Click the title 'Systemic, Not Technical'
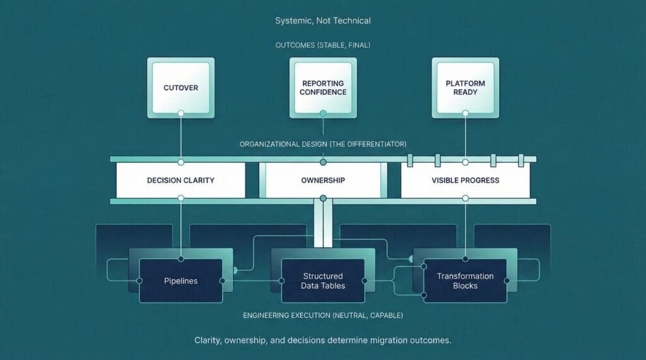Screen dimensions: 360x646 point(323,21)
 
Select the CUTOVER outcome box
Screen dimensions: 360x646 point(180,87)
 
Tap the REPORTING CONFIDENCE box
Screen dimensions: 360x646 point(323,87)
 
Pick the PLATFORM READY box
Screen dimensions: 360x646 point(465,87)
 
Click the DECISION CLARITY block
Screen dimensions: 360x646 point(180,180)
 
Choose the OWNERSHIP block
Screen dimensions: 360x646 point(323,180)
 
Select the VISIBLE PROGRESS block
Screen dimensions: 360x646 point(465,180)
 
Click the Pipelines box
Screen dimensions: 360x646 point(180,281)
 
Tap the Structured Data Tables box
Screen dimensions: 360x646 point(323,281)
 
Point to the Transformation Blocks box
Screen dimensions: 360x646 point(465,281)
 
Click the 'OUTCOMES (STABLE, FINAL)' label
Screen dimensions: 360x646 point(323,45)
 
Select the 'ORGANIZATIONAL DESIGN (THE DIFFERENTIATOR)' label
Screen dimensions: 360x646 point(323,144)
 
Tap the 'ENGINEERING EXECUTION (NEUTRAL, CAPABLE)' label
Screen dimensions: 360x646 point(323,315)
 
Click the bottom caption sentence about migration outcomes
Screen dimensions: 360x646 point(323,340)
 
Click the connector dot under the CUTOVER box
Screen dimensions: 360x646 point(181,113)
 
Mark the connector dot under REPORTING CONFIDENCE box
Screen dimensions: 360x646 point(323,113)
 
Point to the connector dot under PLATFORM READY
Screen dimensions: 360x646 point(466,113)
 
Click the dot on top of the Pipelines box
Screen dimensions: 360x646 point(181,259)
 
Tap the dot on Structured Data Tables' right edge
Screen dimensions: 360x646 point(364,281)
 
